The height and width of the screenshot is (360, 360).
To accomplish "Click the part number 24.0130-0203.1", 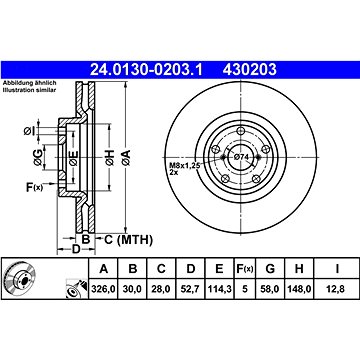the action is pyautogui.click(x=146, y=70).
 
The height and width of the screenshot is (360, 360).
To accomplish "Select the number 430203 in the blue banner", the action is pyautogui.click(x=249, y=70).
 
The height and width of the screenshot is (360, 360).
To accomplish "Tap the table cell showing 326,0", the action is pyautogui.click(x=103, y=289).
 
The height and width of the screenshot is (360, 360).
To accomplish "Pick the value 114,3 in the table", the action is pyautogui.click(x=219, y=289).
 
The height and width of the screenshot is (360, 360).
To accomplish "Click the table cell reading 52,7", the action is pyautogui.click(x=190, y=289).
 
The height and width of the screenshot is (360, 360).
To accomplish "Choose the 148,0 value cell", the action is pyautogui.click(x=299, y=289).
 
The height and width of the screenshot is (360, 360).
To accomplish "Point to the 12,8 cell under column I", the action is pyautogui.click(x=337, y=289).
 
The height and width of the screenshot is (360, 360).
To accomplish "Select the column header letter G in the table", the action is pyautogui.click(x=270, y=269).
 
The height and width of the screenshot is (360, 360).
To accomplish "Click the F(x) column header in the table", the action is pyautogui.click(x=245, y=269).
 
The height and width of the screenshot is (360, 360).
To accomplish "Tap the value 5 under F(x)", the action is pyautogui.click(x=245, y=289).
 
